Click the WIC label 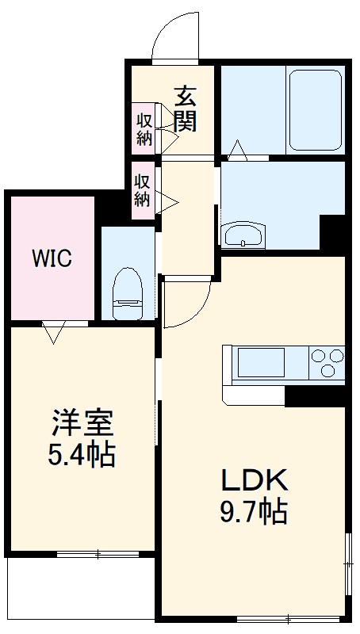click(x=52, y=258)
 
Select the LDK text click(x=253, y=479)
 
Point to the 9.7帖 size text click(x=253, y=513)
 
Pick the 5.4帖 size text click(x=83, y=456)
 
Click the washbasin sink click(x=243, y=235)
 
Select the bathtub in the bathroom click(x=315, y=109)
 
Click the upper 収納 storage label click(x=144, y=128)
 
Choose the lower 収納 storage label click(x=142, y=190)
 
